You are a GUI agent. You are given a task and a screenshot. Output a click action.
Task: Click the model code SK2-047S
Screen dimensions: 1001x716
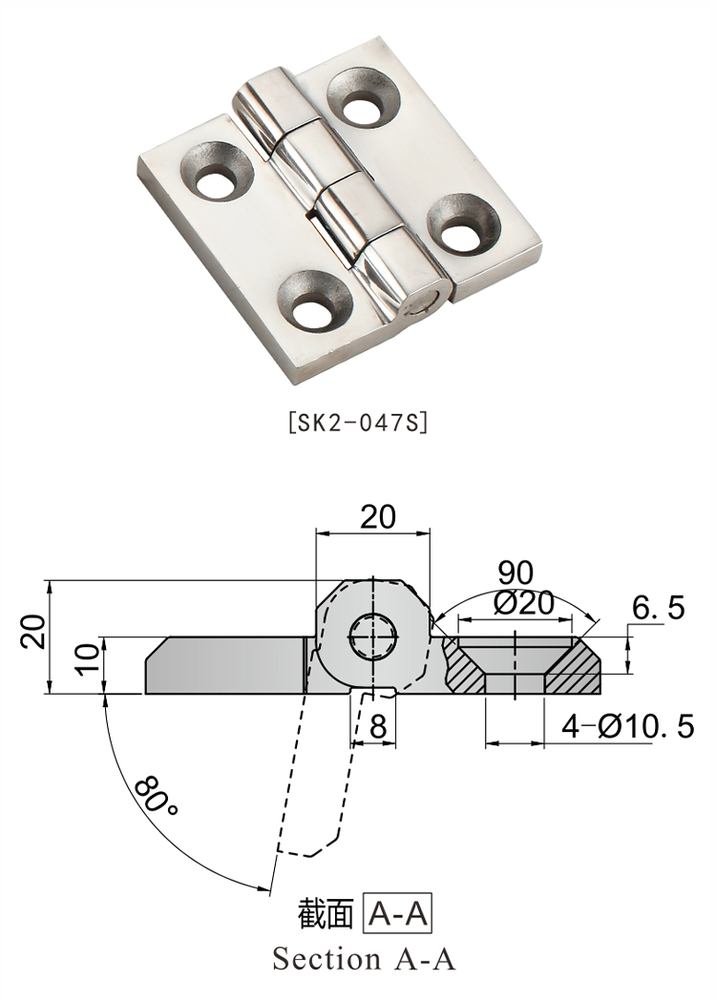pyautogui.click(x=357, y=422)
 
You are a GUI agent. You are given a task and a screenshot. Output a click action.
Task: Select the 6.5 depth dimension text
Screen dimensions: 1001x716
pyautogui.click(x=659, y=607)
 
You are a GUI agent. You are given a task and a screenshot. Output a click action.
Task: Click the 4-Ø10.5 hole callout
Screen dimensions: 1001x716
pyautogui.click(x=627, y=728)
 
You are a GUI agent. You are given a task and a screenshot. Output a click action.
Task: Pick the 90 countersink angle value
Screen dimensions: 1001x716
pyautogui.click(x=516, y=573)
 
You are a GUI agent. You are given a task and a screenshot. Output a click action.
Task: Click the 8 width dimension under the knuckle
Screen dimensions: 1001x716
pyautogui.click(x=378, y=728)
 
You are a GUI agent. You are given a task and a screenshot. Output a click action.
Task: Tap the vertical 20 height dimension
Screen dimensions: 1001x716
pyautogui.click(x=34, y=632)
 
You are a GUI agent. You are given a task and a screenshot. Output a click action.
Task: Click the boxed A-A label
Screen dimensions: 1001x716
pyautogui.click(x=399, y=915)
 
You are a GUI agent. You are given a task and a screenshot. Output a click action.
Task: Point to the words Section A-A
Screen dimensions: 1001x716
pyautogui.click(x=364, y=958)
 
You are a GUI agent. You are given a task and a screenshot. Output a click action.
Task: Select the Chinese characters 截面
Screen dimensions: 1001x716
pyautogui.click(x=327, y=915)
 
